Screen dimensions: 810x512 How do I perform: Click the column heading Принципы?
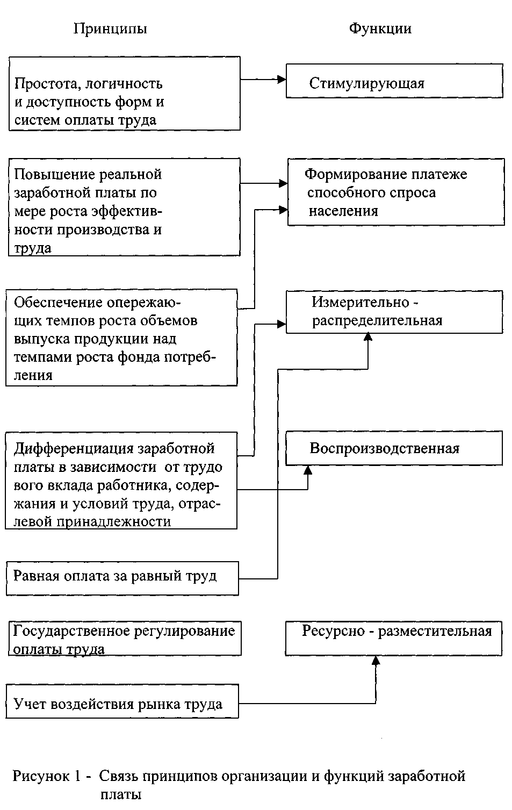pos(110,29)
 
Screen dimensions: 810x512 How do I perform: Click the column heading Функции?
pos(380,29)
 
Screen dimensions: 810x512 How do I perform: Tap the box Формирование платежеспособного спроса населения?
pos(396,192)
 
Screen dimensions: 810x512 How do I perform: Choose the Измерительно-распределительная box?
pos(394,312)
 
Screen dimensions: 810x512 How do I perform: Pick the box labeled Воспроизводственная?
pos(393,448)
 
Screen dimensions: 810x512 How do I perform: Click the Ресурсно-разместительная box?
pos(393,638)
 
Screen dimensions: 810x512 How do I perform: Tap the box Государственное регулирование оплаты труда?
pos(125,639)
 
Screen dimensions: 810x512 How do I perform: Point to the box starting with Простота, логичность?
pos(124,94)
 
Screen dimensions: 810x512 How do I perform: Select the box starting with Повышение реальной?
pos(124,207)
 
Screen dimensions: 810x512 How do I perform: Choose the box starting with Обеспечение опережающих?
pos(121,338)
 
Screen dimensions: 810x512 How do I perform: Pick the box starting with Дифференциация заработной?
pos(121,481)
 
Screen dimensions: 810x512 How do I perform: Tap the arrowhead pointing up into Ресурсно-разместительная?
pos(375,661)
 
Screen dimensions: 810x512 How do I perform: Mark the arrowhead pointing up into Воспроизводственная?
pos(308,469)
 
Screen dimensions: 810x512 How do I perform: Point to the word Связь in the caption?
pos(118,776)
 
